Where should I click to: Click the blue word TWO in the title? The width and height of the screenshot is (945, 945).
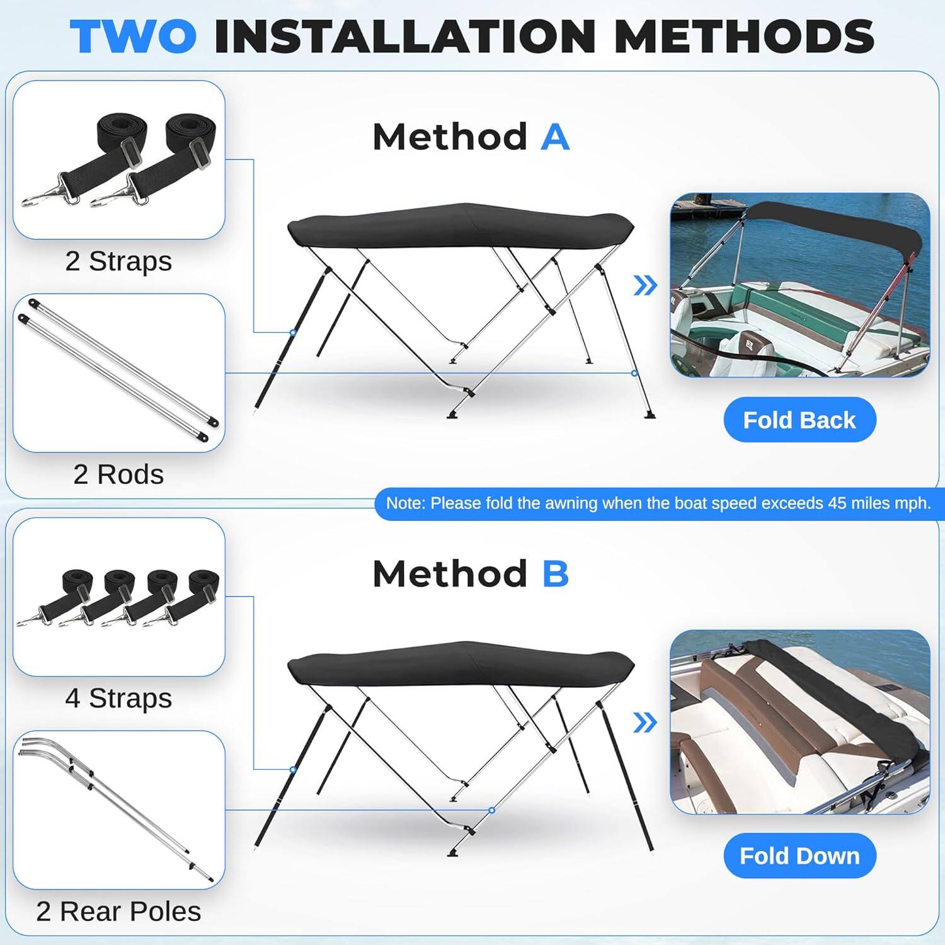coord(133,37)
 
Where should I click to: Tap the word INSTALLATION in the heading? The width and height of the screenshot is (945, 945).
coord(404,37)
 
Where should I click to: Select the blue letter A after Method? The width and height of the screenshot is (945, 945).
coord(554,137)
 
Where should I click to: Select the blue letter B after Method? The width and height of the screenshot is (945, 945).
coord(555,574)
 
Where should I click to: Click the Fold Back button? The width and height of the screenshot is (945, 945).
coord(799,420)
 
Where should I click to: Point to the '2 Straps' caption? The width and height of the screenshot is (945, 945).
coord(118,261)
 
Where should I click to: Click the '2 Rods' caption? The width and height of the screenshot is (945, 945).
coord(118,474)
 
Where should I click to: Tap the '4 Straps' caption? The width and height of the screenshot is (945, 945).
coord(118,698)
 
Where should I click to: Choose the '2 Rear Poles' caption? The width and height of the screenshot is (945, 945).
coord(118,912)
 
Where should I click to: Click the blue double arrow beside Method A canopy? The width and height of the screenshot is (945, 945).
coord(644,286)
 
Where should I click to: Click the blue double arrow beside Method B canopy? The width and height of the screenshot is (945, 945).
coord(644,723)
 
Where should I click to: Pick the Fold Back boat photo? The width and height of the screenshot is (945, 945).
coord(799,285)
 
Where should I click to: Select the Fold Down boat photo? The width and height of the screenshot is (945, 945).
coord(799,722)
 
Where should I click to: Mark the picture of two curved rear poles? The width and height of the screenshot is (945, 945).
coord(118,810)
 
